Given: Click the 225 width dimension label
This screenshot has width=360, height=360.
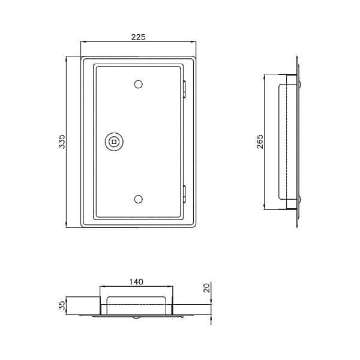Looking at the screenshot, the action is tap(138, 37).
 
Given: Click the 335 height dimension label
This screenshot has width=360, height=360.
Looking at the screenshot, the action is tap(62, 142).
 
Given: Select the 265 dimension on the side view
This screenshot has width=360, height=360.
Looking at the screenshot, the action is tap(260, 142).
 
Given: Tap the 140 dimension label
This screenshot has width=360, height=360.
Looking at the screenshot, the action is tap(136, 282).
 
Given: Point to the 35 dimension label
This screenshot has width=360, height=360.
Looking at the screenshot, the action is tap(62, 306).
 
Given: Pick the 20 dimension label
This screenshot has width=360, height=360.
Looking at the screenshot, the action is tap(207, 288).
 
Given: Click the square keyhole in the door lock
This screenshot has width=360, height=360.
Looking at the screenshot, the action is tap(114, 142).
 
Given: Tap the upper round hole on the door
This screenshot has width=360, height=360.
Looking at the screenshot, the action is tap(138, 85).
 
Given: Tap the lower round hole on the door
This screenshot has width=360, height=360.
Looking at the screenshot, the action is tap(138, 199).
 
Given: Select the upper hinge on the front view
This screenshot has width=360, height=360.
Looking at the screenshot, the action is tap(184, 89).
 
